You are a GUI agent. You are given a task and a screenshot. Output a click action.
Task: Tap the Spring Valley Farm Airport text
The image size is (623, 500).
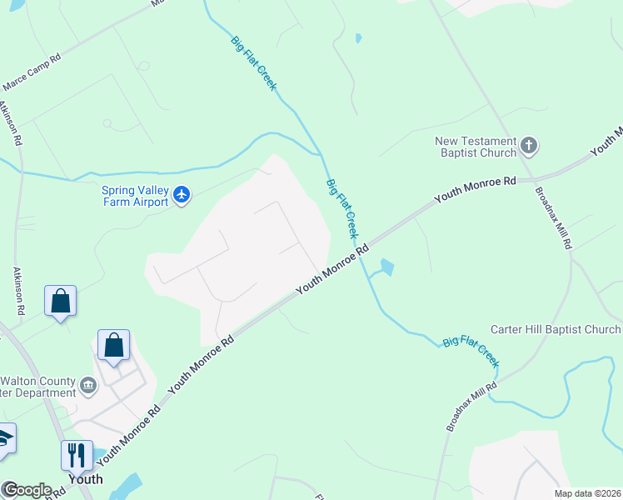pos(135,196)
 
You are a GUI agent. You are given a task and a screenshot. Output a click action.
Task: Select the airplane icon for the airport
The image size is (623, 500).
pos(182,196)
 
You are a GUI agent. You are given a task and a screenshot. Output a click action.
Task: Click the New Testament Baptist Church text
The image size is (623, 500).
pos(476,147)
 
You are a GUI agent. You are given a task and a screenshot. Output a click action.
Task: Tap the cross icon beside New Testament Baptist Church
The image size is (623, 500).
pos(529,147)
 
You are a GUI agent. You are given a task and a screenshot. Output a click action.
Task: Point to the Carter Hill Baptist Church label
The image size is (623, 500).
pos(555,330)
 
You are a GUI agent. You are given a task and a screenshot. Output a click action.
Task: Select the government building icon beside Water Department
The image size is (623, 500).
pos(88,386)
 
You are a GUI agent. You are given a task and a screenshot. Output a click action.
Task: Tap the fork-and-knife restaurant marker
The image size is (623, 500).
pos(76,456)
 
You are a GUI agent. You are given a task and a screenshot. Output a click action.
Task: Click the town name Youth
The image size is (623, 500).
pos(85,479)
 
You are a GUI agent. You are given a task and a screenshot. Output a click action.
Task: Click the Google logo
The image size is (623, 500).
pos(27,490)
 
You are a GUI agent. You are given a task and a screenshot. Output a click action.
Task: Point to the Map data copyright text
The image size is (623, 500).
pos(586,493)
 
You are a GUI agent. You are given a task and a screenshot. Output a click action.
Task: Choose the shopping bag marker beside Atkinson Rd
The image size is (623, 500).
pos(61,301)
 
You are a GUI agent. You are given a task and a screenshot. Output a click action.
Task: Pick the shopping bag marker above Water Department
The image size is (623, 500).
pos(113,344)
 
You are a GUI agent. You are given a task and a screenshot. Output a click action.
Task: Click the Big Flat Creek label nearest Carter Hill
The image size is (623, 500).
pos(471,352)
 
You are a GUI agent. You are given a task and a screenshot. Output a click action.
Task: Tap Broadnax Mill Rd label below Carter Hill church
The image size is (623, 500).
pos(471,406)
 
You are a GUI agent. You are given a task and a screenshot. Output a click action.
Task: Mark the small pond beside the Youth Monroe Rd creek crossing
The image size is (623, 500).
pos(386,267)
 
